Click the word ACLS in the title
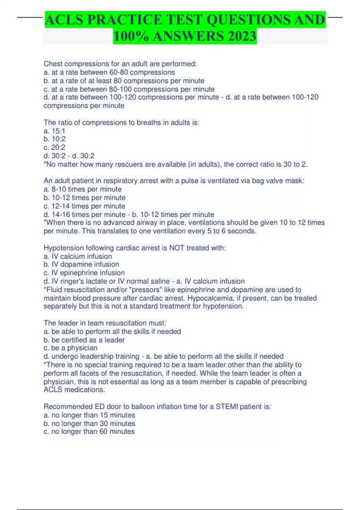64,20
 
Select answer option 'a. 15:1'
54,131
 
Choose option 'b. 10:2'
55,139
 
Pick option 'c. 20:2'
54,147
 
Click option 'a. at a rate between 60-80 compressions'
109,72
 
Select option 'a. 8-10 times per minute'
82,189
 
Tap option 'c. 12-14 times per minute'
84,206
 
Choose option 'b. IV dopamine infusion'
81,264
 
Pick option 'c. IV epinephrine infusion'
84,273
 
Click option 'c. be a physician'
70,348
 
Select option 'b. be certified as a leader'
84,340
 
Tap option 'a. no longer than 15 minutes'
89,415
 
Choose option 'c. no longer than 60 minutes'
89,431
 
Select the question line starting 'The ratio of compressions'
121,122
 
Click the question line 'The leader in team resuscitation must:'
105,323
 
